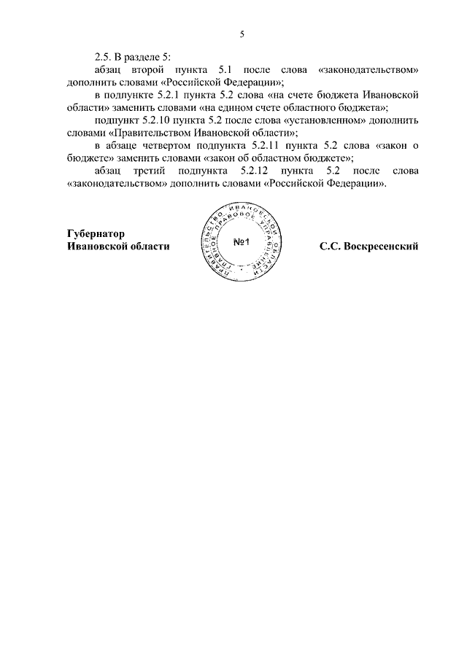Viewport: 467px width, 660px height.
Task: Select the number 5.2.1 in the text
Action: (184, 95)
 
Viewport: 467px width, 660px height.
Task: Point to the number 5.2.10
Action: (163, 120)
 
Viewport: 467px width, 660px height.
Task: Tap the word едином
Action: (227, 108)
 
